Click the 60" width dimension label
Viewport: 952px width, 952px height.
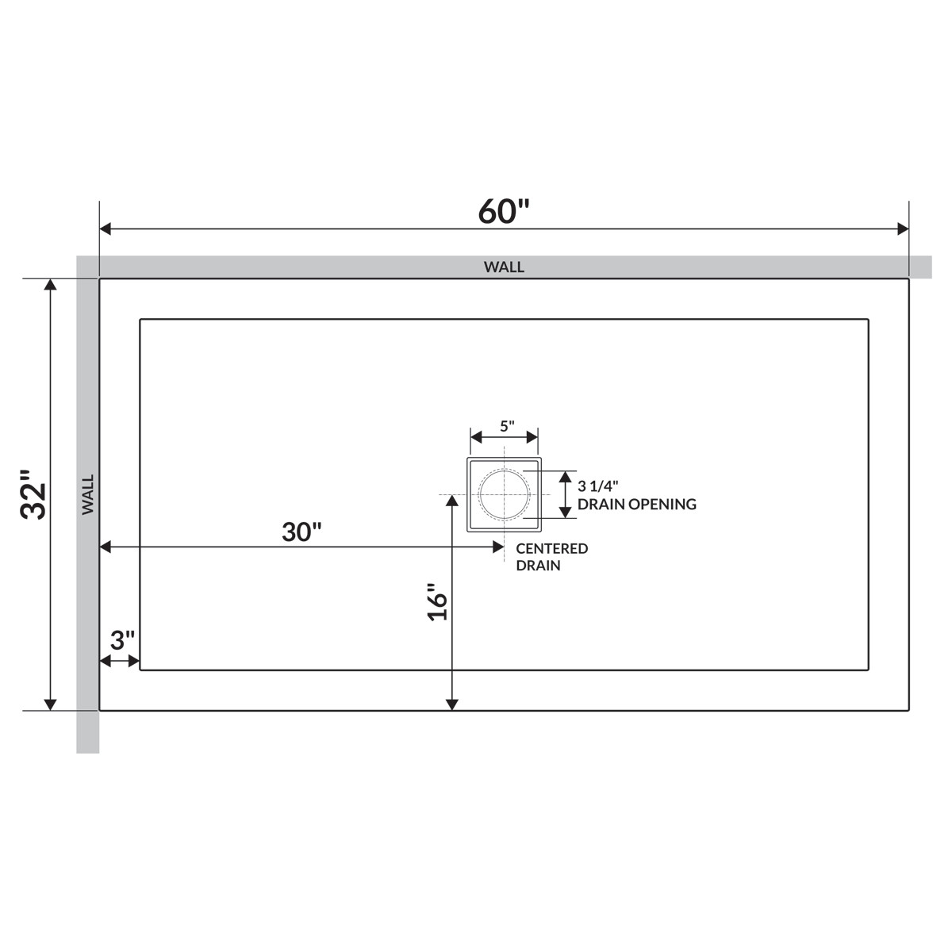504,211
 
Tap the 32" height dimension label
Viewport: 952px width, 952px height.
33,493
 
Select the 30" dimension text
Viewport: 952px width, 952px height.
301,532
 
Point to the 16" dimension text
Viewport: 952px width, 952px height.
437,601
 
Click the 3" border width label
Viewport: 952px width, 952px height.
122,640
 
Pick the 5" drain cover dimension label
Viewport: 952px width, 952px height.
507,426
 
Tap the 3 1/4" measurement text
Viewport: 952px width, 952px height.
598,486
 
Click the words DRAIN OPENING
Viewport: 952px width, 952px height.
637,504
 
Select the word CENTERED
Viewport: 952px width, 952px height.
552,548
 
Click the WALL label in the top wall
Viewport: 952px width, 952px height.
504,267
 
